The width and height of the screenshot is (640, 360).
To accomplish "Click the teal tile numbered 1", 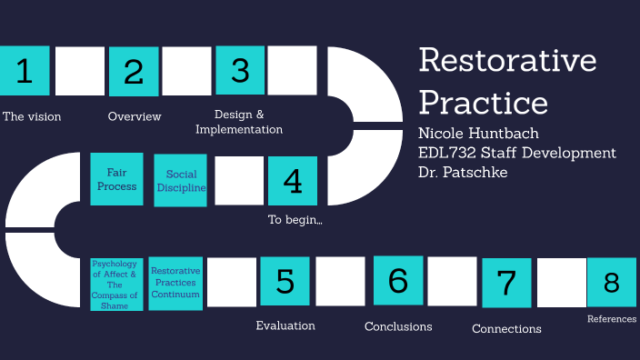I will point(25,71).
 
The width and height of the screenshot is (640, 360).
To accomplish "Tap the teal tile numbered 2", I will point(134,71).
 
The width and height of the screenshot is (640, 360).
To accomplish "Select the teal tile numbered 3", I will point(240,70).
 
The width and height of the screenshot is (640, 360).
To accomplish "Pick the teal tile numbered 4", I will point(293,180).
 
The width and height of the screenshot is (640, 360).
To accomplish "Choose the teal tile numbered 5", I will point(285,281).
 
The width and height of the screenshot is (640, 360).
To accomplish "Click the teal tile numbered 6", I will point(398,280).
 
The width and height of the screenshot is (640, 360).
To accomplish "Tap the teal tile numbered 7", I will point(506,283).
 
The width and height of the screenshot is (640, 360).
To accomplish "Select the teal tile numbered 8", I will point(611,283).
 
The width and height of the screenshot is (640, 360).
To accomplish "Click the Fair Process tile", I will point(116,179).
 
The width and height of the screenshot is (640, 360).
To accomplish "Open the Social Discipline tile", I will point(181,181).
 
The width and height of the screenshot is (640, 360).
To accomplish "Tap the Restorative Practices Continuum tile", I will point(175,283).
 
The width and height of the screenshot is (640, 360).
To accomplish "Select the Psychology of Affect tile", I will point(115,285).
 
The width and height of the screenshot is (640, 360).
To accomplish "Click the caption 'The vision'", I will point(32,116).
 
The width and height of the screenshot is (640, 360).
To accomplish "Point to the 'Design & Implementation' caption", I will point(239,122).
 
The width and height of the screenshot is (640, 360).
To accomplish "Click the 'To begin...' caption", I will point(295,219).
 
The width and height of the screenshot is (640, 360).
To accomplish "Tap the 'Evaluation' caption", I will point(285,325).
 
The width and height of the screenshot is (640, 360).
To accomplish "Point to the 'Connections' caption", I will point(506,329).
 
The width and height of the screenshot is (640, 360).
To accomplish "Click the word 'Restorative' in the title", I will point(507,61).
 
